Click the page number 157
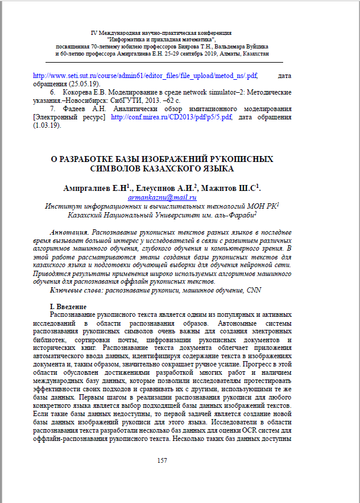(162, 460)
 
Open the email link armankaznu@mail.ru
(161, 197)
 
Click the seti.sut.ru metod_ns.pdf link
(145, 76)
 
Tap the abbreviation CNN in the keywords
(254, 290)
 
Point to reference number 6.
(53, 93)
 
